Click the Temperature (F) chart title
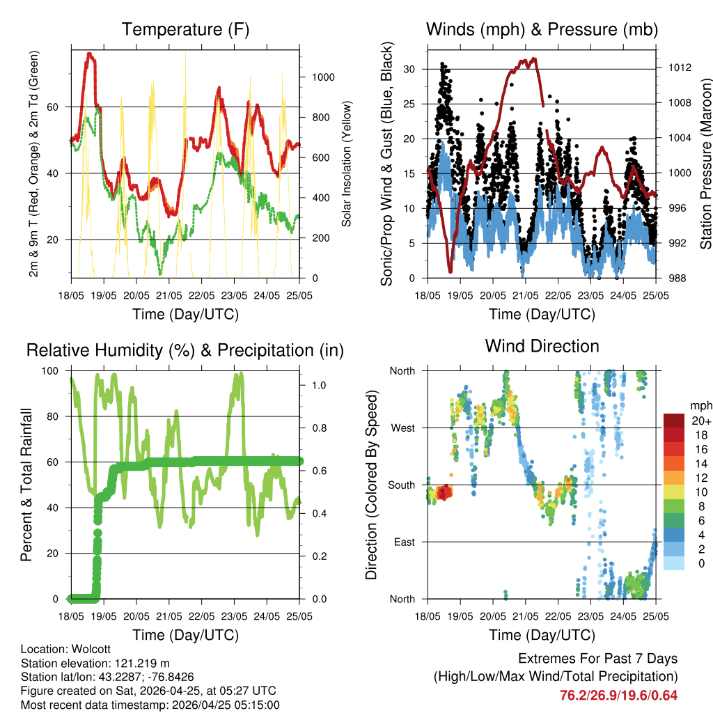tap(185, 29)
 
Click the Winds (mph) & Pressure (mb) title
tap(542, 29)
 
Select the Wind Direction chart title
tap(542, 346)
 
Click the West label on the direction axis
tap(402, 428)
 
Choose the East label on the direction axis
tap(404, 542)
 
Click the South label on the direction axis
tap(401, 485)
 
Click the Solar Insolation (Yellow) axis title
tap(347, 164)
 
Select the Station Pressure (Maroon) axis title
tap(705, 164)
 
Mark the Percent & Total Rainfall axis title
tap(26, 485)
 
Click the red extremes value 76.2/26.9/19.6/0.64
tap(618, 695)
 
